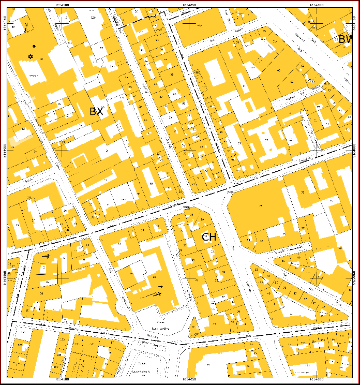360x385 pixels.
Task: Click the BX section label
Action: (x=96, y=111)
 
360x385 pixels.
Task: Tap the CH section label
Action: (x=208, y=237)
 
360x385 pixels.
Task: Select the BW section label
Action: (x=345, y=39)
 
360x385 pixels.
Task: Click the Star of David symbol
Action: (x=31, y=56)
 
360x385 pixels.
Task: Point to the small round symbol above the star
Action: (x=34, y=46)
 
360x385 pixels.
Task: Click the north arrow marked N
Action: (x=26, y=26)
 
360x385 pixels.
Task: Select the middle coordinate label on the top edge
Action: (x=189, y=5)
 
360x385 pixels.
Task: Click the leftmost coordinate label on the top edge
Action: (x=62, y=5)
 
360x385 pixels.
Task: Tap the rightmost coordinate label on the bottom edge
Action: (x=317, y=380)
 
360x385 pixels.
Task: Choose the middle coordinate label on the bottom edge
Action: (x=189, y=380)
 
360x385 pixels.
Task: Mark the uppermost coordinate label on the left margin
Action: (x=5, y=23)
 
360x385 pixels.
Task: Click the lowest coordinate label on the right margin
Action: (x=355, y=278)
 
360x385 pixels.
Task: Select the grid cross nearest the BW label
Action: (x=317, y=23)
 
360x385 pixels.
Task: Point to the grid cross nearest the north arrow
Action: (x=62, y=23)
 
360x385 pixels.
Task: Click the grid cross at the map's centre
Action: (x=189, y=150)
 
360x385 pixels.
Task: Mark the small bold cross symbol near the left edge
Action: (x=47, y=256)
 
